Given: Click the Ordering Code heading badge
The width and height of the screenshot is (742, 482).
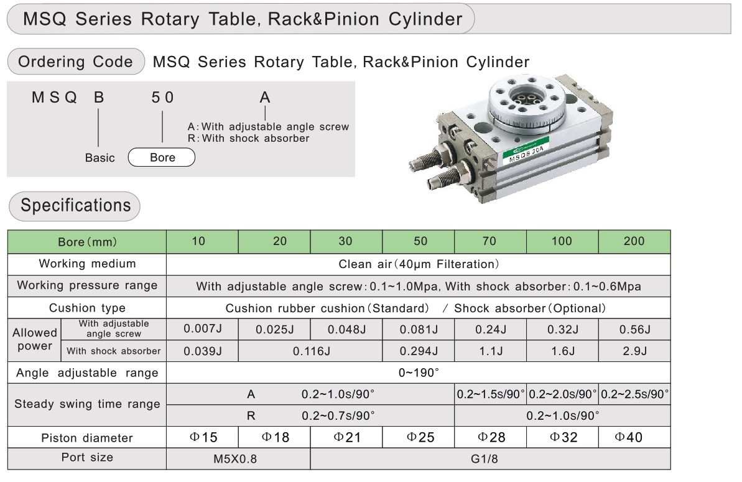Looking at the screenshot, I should click(x=75, y=62).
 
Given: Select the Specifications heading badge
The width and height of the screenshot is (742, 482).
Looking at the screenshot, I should click(x=75, y=206).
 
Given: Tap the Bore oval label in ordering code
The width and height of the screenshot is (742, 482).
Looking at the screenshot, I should click(x=162, y=157).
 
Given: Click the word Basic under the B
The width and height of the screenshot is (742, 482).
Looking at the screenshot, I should click(x=100, y=158).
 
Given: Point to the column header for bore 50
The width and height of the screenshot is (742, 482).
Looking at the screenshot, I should click(x=418, y=241).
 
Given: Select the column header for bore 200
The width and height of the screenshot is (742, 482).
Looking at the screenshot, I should click(x=634, y=241).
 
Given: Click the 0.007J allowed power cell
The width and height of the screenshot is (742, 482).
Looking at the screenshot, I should click(x=203, y=329).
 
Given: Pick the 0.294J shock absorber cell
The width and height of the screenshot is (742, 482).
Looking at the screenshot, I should click(x=418, y=351).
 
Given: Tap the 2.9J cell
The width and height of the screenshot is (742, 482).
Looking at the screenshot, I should click(x=634, y=351).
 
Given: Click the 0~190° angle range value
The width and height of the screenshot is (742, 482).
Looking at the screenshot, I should click(x=418, y=373).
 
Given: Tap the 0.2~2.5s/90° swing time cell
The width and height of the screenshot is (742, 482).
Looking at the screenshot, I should click(x=634, y=394).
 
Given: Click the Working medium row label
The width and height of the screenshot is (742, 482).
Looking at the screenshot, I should click(x=87, y=264).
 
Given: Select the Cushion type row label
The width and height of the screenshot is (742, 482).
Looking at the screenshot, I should click(x=87, y=308).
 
